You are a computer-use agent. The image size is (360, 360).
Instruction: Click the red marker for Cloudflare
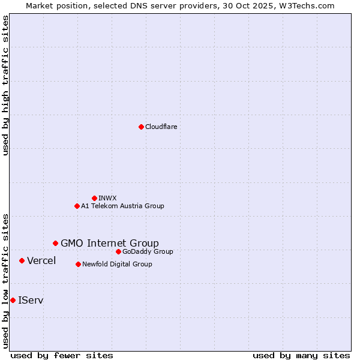(x=141, y=127)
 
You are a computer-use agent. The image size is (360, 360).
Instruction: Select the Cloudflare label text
(x=161, y=127)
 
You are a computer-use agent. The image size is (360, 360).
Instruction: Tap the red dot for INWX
(x=94, y=198)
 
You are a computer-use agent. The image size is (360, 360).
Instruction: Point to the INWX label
(x=107, y=198)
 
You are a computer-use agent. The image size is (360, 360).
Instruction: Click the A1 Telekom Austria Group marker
(x=77, y=206)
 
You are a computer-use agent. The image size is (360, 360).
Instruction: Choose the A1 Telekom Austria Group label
(x=122, y=206)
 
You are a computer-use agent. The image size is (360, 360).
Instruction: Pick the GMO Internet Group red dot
(x=55, y=243)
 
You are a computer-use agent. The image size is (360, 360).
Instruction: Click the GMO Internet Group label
(x=110, y=243)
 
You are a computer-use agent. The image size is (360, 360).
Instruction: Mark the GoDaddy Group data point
(x=118, y=251)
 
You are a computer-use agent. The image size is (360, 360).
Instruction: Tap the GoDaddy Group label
(x=148, y=251)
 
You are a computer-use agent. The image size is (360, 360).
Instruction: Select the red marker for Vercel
(x=22, y=260)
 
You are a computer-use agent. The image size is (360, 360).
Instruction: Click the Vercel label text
(x=41, y=260)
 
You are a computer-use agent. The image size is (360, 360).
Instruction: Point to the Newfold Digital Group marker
(x=78, y=264)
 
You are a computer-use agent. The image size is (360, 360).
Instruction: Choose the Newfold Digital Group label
(x=117, y=264)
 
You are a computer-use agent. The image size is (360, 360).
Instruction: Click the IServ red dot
(x=13, y=300)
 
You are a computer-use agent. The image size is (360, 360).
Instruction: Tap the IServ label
(x=31, y=300)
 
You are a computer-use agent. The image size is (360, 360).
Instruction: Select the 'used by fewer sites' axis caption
(x=62, y=355)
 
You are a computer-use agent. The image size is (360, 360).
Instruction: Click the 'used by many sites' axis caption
(x=301, y=355)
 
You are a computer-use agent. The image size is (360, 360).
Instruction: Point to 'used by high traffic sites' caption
(x=5, y=85)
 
